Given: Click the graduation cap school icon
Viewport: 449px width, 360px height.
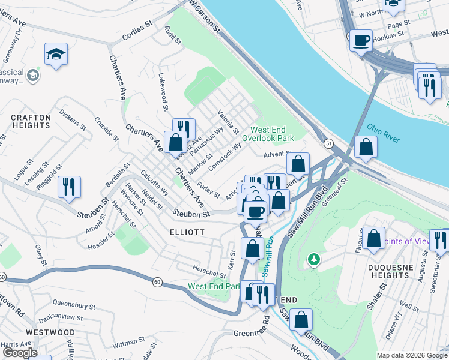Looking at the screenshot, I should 56,54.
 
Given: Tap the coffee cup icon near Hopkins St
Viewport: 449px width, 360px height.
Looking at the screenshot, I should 361,41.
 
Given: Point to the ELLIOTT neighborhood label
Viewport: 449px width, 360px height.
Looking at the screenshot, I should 187,232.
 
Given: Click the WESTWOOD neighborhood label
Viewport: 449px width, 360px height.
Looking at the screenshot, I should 50,332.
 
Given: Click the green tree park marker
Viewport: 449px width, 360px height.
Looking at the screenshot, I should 313,259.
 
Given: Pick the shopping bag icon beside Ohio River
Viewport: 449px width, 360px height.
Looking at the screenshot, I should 366,147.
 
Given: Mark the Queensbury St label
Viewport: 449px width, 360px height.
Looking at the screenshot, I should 74,304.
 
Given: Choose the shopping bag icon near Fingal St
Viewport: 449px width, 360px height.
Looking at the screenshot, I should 373,238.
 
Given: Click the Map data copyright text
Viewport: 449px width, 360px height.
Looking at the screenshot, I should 411,355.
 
